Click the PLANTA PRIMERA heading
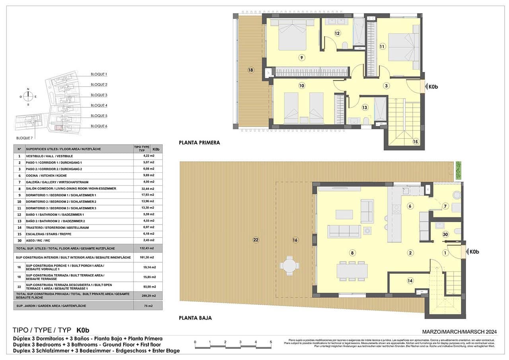[x=199, y=143]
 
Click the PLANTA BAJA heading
[x=195, y=318]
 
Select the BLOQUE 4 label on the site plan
[x=99, y=105]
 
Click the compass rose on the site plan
[x=28, y=97]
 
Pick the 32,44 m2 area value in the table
[x=149, y=189]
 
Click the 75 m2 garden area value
[x=148, y=306]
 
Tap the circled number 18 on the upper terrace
[x=251, y=70]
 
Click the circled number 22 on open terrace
[x=256, y=240]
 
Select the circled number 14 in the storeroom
[x=410, y=281]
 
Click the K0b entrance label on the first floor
[x=432, y=86]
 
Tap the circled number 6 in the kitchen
[x=410, y=206]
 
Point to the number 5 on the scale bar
[x=270, y=342]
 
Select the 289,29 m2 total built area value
[x=148, y=294]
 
